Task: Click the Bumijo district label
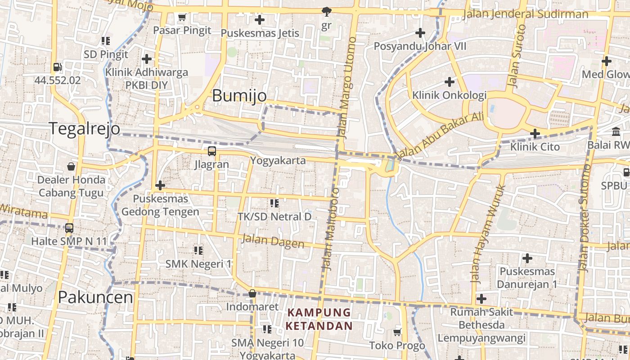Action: click(x=239, y=95)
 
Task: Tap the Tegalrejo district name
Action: click(x=84, y=129)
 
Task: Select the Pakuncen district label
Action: click(x=95, y=297)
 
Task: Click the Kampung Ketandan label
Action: click(x=319, y=319)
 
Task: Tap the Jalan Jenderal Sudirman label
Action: click(x=525, y=14)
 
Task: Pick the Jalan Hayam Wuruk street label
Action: click(x=488, y=234)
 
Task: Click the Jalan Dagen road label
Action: click(x=273, y=241)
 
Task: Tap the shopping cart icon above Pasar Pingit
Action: click(x=182, y=18)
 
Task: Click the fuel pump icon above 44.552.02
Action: click(x=57, y=67)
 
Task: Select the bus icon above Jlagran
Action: click(x=211, y=151)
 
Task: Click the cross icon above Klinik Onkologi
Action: click(x=449, y=82)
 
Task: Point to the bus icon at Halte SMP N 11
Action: click(x=69, y=228)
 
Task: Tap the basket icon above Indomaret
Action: click(x=252, y=294)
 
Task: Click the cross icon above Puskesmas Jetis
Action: click(x=260, y=20)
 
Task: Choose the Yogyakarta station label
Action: click(x=278, y=161)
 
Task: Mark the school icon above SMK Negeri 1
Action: click(x=198, y=250)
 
